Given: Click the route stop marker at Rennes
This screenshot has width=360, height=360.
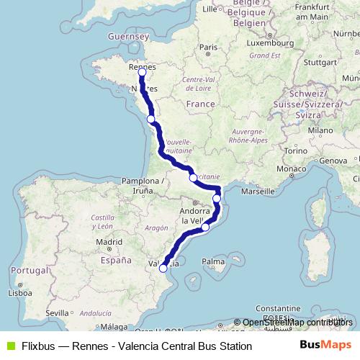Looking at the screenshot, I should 142,72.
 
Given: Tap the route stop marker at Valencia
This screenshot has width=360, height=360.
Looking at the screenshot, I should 163,268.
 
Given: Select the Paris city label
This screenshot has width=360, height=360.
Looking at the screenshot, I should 208,48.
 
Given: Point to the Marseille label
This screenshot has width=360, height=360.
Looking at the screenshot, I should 259,192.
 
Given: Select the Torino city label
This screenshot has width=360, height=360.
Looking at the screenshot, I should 296,151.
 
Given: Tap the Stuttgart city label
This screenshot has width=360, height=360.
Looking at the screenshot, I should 320,61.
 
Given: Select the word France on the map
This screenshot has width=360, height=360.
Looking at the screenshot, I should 200,104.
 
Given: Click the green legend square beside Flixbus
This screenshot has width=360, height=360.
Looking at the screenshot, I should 9,346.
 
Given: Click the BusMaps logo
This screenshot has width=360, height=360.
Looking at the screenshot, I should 325,346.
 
